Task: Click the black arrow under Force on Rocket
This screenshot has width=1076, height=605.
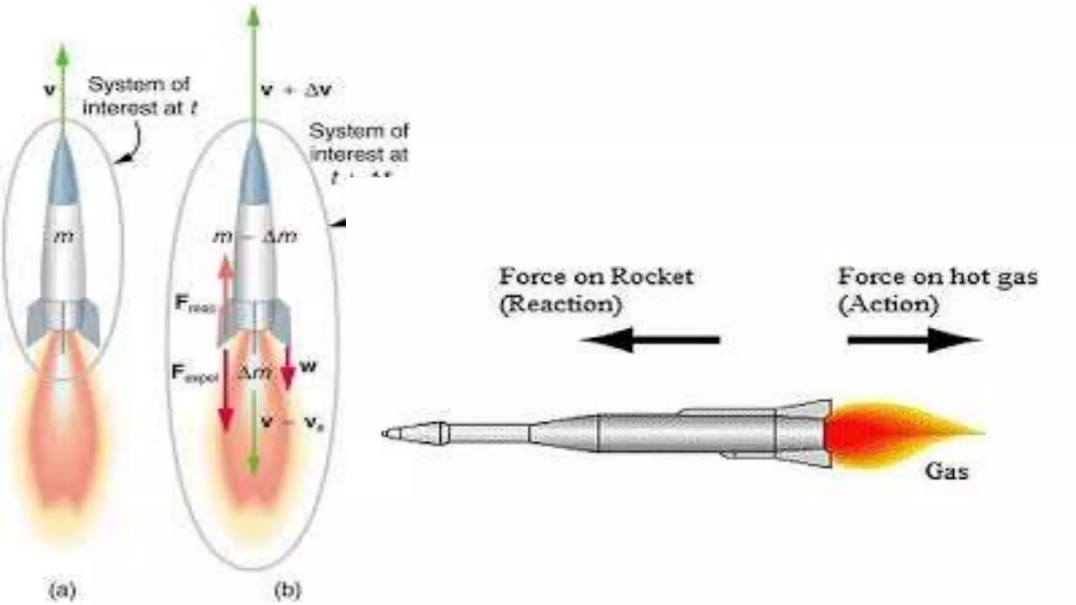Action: tap(650, 340)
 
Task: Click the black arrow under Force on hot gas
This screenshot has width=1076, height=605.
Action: tap(914, 340)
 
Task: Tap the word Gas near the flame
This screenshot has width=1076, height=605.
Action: tap(946, 471)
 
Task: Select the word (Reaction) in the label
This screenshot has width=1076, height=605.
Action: tap(560, 304)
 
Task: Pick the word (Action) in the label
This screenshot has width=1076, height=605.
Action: tap(888, 304)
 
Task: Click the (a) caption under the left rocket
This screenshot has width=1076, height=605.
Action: tap(63, 590)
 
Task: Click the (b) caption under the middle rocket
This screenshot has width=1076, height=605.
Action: tap(287, 590)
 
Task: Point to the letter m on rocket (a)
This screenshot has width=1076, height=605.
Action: tap(64, 236)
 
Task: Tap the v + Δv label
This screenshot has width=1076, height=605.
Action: tap(296, 90)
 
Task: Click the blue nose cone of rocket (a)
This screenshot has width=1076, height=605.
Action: tap(63, 173)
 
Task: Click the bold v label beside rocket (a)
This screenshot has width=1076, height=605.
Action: tap(49, 90)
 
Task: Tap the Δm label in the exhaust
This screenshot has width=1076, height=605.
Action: tap(254, 372)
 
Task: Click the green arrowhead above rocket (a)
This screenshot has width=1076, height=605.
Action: tap(63, 54)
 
